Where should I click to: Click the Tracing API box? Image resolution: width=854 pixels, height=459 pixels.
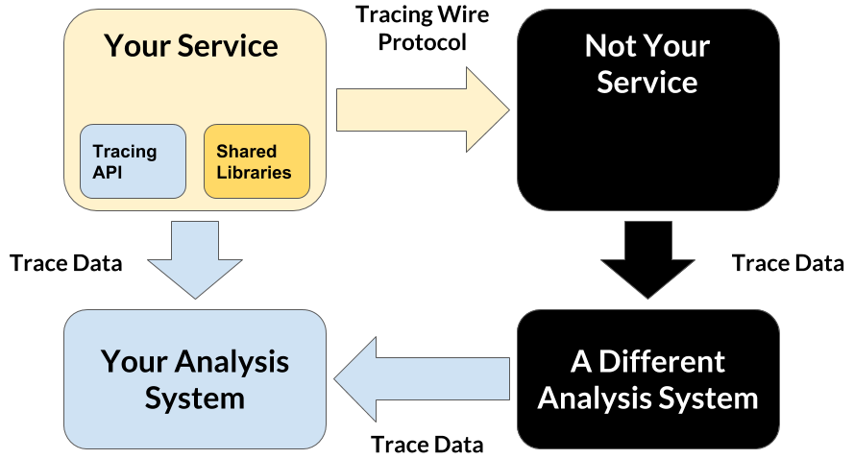[133, 161]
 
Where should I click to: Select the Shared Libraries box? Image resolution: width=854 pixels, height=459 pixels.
[256, 161]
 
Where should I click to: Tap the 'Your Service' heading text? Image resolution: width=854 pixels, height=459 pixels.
[191, 45]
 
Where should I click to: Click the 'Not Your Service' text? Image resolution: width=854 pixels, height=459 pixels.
[647, 63]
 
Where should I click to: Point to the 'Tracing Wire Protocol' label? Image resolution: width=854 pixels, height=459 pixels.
[422, 29]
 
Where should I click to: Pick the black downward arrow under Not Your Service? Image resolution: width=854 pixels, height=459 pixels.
[647, 257]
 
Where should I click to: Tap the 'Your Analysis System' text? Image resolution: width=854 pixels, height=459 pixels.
[195, 378]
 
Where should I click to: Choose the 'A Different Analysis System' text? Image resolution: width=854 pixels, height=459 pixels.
[647, 378]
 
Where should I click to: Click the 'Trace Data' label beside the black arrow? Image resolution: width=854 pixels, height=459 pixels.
[788, 263]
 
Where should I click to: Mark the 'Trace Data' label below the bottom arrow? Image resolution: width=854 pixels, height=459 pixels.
[427, 445]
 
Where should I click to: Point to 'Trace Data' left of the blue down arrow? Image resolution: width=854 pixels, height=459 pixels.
[66, 263]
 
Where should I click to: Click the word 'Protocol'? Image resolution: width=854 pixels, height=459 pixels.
[422, 42]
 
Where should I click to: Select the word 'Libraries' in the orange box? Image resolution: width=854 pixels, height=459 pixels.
[254, 173]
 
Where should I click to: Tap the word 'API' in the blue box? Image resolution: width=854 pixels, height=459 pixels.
[108, 173]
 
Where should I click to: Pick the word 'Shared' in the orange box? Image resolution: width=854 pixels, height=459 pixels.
[246, 152]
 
